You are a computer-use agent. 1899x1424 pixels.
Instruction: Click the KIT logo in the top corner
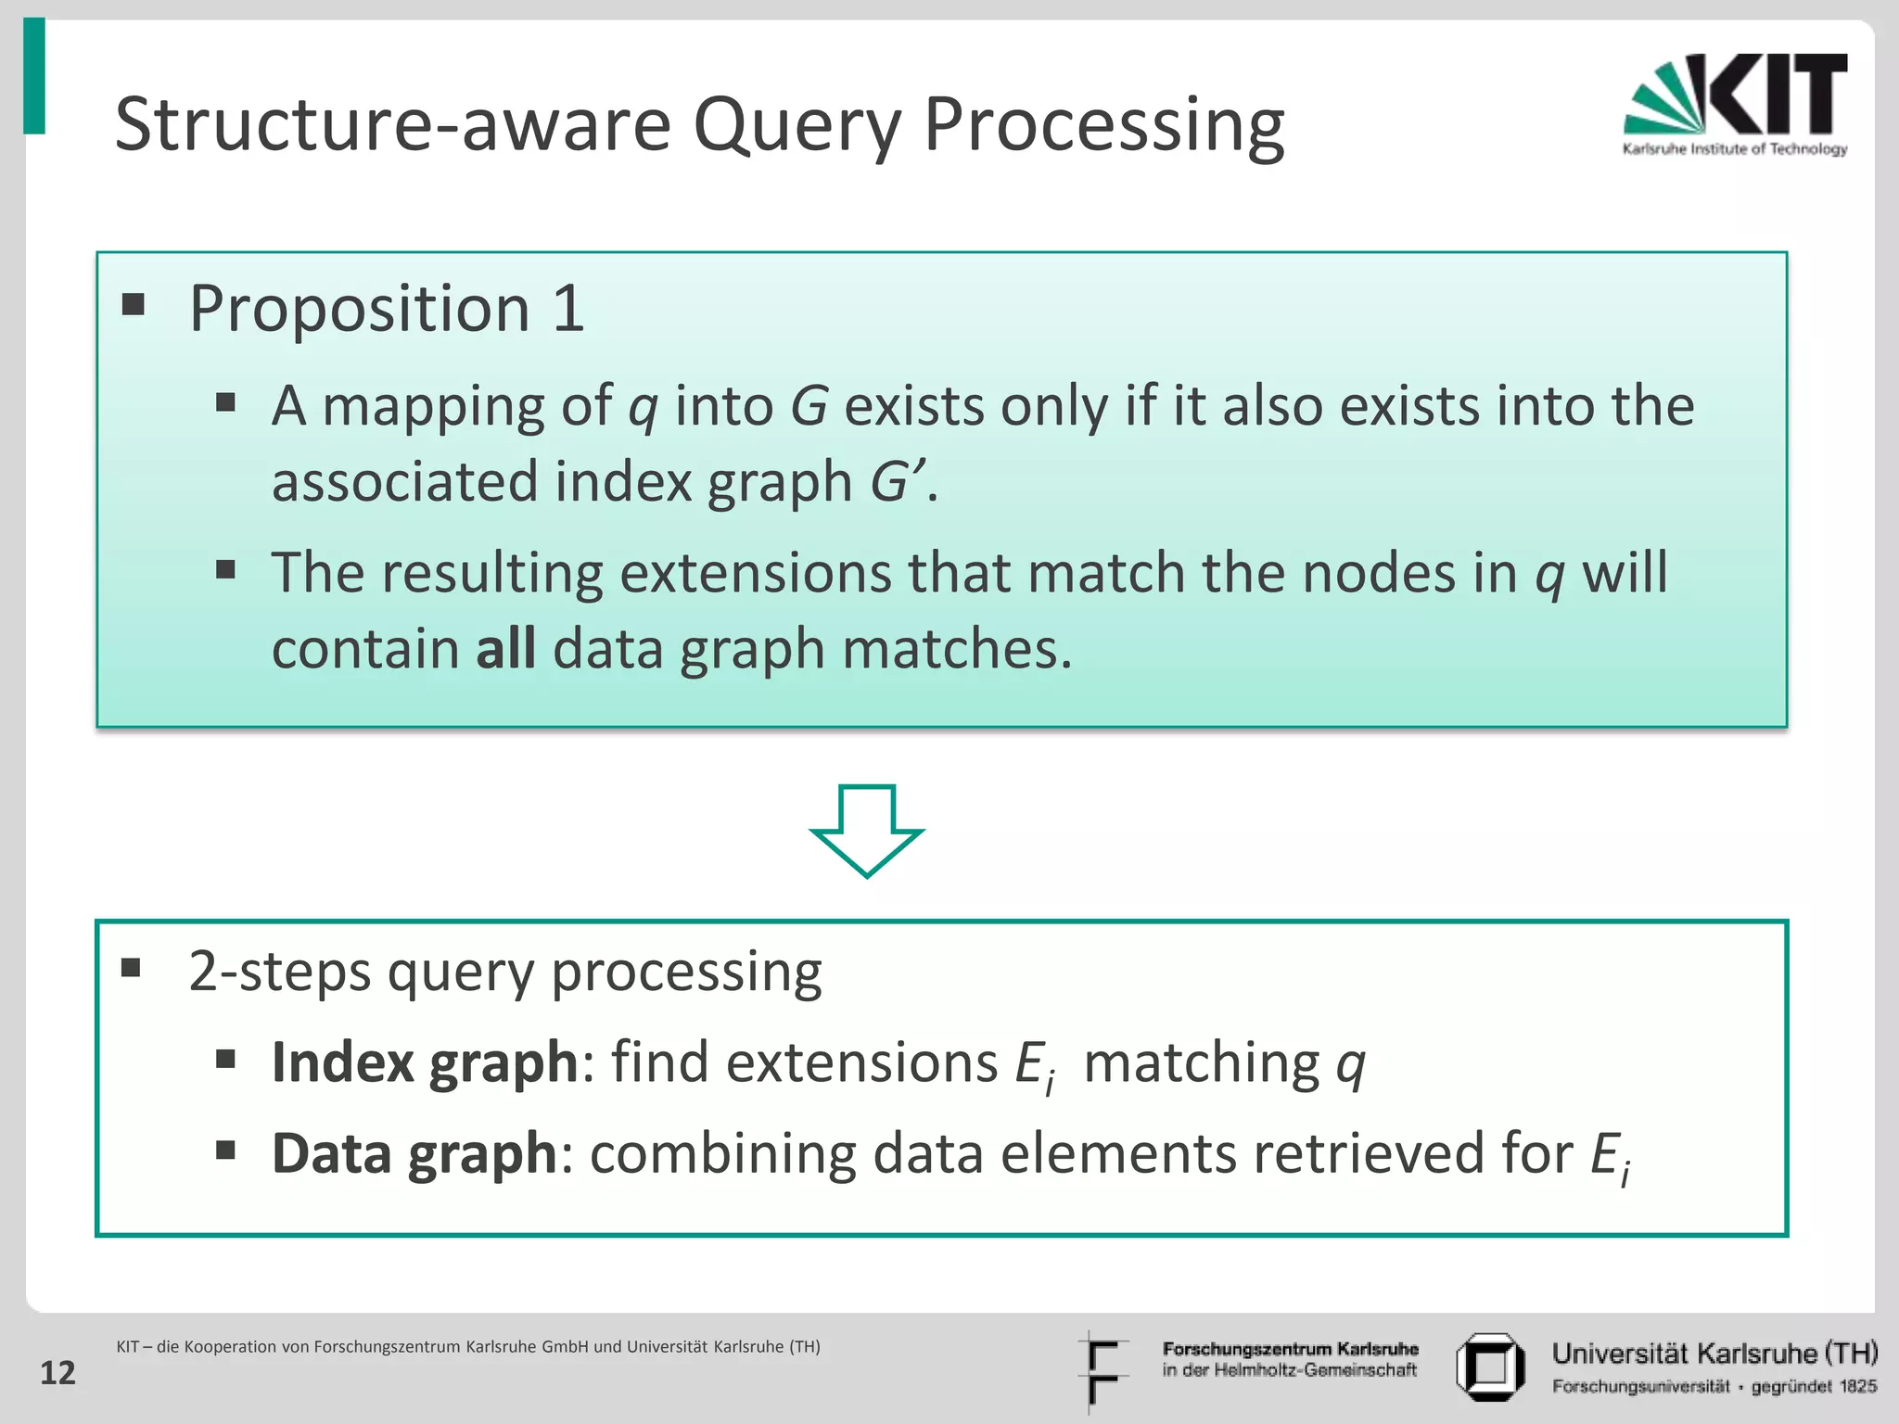point(1734,104)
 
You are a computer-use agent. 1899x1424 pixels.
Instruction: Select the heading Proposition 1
point(387,308)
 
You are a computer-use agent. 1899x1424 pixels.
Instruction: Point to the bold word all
point(505,648)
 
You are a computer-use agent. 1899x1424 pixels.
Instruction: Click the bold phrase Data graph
point(414,1153)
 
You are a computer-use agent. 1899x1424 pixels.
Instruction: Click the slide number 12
point(57,1373)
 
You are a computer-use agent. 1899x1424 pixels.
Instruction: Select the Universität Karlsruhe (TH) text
point(1714,1354)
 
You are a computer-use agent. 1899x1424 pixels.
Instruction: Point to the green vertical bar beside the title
point(34,76)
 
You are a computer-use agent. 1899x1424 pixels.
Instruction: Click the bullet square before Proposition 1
point(134,304)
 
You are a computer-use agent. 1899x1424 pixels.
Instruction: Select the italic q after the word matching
point(1350,1063)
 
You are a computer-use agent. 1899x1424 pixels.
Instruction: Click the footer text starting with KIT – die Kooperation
point(468,1346)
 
